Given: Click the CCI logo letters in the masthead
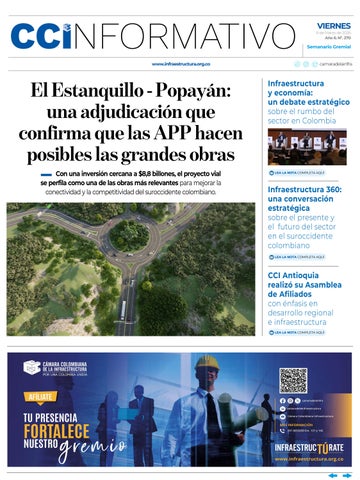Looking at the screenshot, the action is pos(42,36).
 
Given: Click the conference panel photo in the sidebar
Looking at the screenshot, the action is pos(307,147).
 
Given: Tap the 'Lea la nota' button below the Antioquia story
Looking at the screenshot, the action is pos(295,331).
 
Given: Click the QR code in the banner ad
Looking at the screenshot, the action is pos(293,380).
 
